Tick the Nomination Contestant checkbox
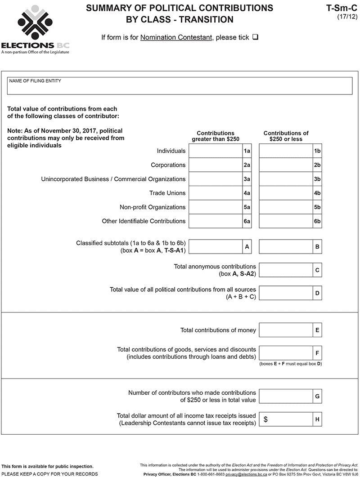(x=255, y=37)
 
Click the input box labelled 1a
(x=215, y=151)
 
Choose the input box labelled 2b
(x=286, y=165)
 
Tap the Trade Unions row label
(x=167, y=193)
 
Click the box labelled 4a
(x=215, y=193)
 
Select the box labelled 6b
(x=286, y=221)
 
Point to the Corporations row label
(x=168, y=165)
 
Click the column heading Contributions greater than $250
(x=216, y=136)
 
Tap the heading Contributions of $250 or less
(x=286, y=136)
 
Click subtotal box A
(x=215, y=247)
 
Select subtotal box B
(x=286, y=247)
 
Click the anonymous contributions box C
(x=286, y=270)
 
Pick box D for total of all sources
(x=286, y=293)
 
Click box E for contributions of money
(x=286, y=330)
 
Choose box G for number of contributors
(x=286, y=397)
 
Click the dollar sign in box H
(x=265, y=419)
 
